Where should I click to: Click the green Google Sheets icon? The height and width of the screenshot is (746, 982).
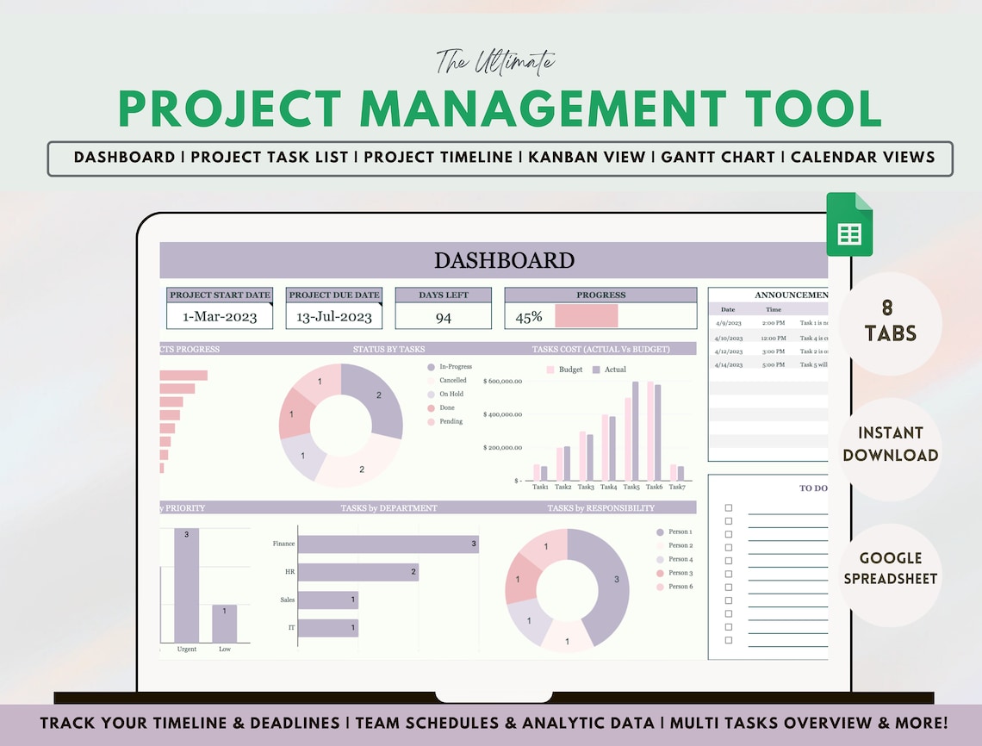tap(849, 225)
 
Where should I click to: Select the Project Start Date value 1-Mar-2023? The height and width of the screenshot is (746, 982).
tap(220, 316)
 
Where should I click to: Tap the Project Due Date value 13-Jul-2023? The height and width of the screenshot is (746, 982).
tap(334, 316)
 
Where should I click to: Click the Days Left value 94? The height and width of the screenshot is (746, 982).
tap(443, 317)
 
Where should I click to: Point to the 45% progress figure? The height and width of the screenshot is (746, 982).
tap(528, 317)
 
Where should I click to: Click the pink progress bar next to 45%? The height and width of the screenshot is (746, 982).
tap(587, 316)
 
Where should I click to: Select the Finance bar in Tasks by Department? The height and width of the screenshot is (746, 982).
tap(388, 544)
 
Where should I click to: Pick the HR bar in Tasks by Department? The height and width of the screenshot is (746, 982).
tap(357, 572)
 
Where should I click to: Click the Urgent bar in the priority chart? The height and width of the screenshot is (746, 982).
tap(187, 585)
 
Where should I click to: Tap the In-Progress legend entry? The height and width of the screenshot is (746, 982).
tap(455, 367)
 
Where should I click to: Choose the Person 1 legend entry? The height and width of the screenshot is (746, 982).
tap(680, 532)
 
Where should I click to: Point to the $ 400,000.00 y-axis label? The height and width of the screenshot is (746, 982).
tap(502, 414)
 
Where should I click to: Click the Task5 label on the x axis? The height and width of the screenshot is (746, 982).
tap(632, 488)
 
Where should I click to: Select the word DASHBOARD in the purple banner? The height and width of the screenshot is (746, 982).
tap(504, 260)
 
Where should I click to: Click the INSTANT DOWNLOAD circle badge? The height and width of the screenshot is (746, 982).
tap(891, 444)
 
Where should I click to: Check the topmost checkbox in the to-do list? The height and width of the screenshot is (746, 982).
tap(729, 508)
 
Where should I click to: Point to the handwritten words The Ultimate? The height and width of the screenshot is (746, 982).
tap(494, 62)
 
